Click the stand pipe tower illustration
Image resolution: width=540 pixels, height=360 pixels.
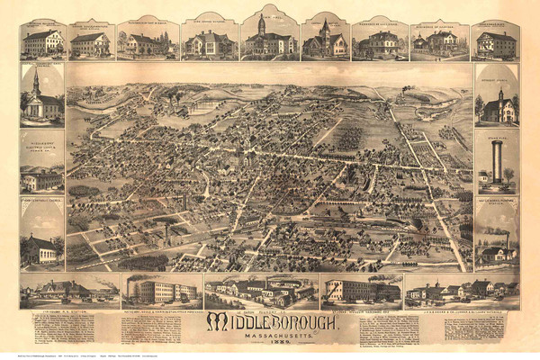494,162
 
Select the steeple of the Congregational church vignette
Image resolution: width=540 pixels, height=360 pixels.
35,83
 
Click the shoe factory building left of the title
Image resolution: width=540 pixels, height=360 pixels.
162,290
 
